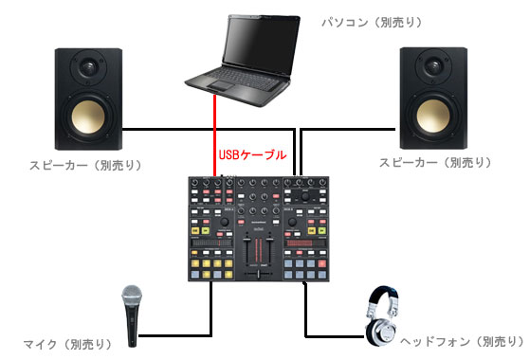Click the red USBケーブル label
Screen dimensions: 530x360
pos(252,153)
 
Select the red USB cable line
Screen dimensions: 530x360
pos(215,133)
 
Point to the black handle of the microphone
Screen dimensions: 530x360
pos(133,332)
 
